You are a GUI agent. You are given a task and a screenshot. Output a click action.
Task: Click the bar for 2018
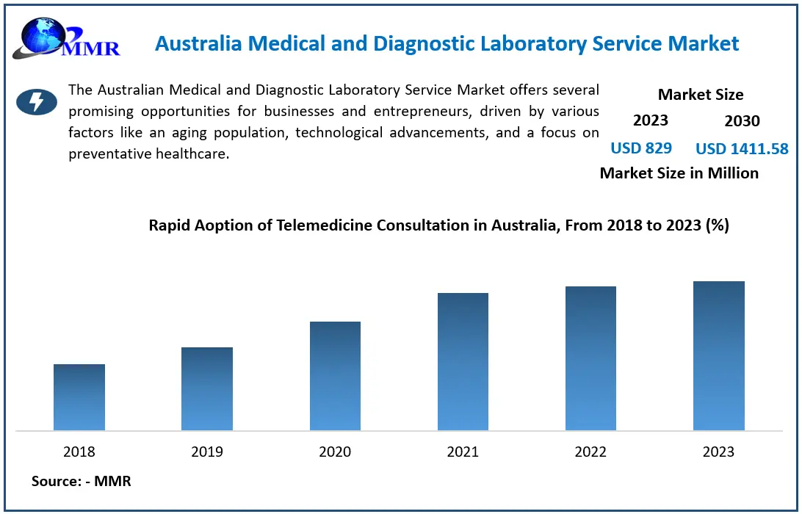click(79, 397)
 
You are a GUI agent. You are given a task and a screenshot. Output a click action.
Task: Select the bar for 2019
click(207, 388)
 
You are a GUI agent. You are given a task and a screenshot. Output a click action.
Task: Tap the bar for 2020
click(335, 376)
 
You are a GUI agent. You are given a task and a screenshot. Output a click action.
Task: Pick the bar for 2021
click(463, 361)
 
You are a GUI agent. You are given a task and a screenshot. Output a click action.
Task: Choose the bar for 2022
click(590, 358)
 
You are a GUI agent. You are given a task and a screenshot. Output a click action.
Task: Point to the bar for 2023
click(718, 355)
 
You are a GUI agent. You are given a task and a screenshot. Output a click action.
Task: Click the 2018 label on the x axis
click(79, 452)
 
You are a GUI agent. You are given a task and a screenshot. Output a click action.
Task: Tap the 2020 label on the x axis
click(335, 452)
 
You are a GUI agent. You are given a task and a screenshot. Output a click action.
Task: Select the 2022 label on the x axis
click(590, 452)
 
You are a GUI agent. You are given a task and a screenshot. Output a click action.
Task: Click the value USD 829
click(641, 148)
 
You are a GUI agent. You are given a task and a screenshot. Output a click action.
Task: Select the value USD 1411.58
click(742, 149)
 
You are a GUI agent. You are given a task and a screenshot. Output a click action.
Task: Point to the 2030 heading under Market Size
click(742, 121)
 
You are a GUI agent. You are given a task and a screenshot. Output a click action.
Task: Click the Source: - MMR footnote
click(81, 482)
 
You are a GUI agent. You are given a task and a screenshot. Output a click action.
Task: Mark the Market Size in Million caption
click(679, 173)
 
